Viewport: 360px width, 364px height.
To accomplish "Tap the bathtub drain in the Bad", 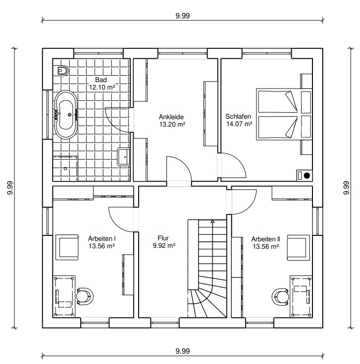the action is (69, 115).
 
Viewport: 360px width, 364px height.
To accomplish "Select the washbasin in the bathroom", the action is (123, 157).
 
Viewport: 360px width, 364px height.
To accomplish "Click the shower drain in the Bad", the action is (65, 169).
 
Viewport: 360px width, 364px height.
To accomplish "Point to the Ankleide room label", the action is (171, 117).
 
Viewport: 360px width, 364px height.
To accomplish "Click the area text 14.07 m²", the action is (239, 124).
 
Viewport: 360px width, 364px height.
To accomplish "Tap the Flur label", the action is (163, 238).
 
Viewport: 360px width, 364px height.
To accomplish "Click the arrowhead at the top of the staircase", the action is (212, 222).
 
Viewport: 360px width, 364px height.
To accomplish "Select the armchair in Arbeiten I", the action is (67, 247).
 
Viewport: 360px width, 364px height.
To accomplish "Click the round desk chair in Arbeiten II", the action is (280, 296).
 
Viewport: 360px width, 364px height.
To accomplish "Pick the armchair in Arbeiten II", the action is (299, 247).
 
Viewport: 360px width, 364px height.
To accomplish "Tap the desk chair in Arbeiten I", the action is (85, 296).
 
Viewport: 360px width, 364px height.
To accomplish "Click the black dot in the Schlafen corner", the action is (307, 176).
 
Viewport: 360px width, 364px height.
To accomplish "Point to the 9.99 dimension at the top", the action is (183, 16).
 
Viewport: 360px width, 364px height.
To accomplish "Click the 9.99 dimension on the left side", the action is (10, 188).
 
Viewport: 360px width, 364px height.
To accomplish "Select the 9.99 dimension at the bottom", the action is (183, 351).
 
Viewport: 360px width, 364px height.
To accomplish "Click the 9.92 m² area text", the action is (164, 245).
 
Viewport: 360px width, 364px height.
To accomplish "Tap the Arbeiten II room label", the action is (265, 239).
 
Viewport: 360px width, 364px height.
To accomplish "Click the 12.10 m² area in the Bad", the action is (103, 87).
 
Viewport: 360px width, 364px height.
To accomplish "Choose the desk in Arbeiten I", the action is (64, 296).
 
